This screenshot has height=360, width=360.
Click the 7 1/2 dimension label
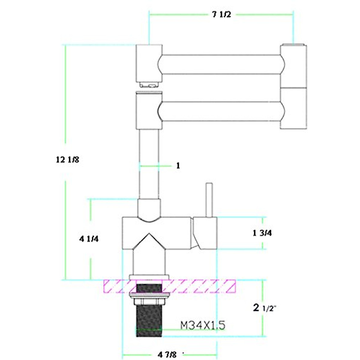(x=222, y=15)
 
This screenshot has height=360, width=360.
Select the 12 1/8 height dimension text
(x=67, y=160)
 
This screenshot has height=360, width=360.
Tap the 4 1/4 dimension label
(x=89, y=239)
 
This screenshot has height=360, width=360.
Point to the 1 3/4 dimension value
(x=262, y=233)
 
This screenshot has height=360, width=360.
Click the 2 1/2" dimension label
(x=264, y=308)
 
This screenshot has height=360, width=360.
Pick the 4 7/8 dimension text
(x=167, y=355)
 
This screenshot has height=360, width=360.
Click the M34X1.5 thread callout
(x=203, y=325)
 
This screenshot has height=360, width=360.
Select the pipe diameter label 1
(x=178, y=166)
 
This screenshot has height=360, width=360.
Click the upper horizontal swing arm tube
(x=221, y=64)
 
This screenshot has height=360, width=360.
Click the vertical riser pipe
(x=149, y=163)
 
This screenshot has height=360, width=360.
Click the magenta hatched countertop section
(x=198, y=286)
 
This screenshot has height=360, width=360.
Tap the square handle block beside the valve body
(x=205, y=233)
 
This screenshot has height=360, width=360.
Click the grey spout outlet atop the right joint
(x=293, y=45)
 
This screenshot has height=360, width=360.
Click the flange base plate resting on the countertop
(x=149, y=277)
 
